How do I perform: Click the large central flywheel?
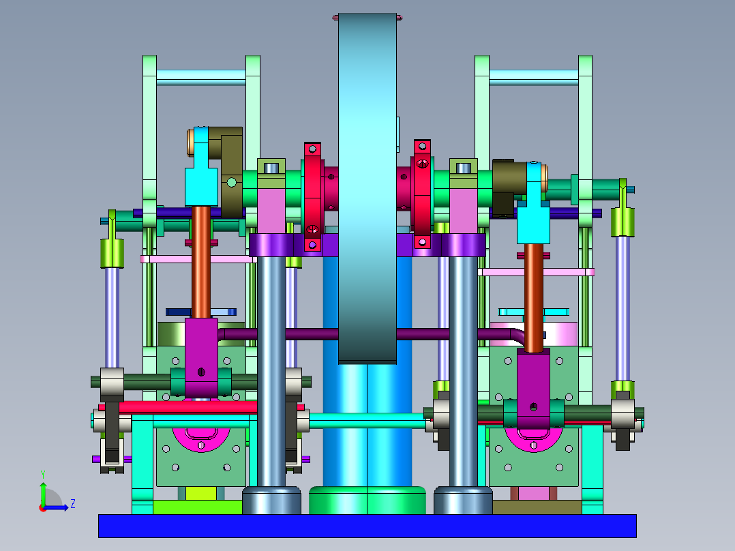coord(367,188)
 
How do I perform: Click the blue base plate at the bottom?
coord(367,526)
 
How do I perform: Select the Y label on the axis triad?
coord(43,474)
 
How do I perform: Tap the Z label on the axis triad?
coord(73,504)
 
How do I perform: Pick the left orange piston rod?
coord(201,263)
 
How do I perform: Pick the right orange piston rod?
coord(533,297)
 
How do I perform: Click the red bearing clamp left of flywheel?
coord(313,197)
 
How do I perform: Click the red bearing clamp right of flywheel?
coord(422,194)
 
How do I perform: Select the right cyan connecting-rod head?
coord(533,205)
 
